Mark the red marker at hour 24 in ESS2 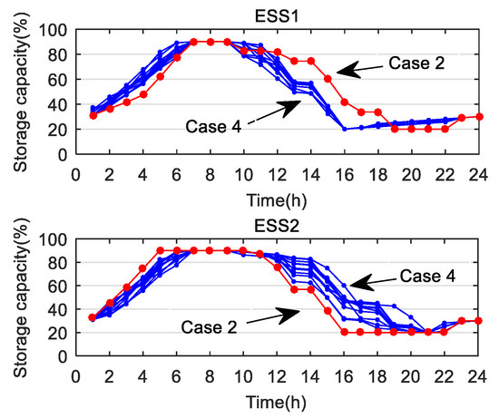tap(479, 320)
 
